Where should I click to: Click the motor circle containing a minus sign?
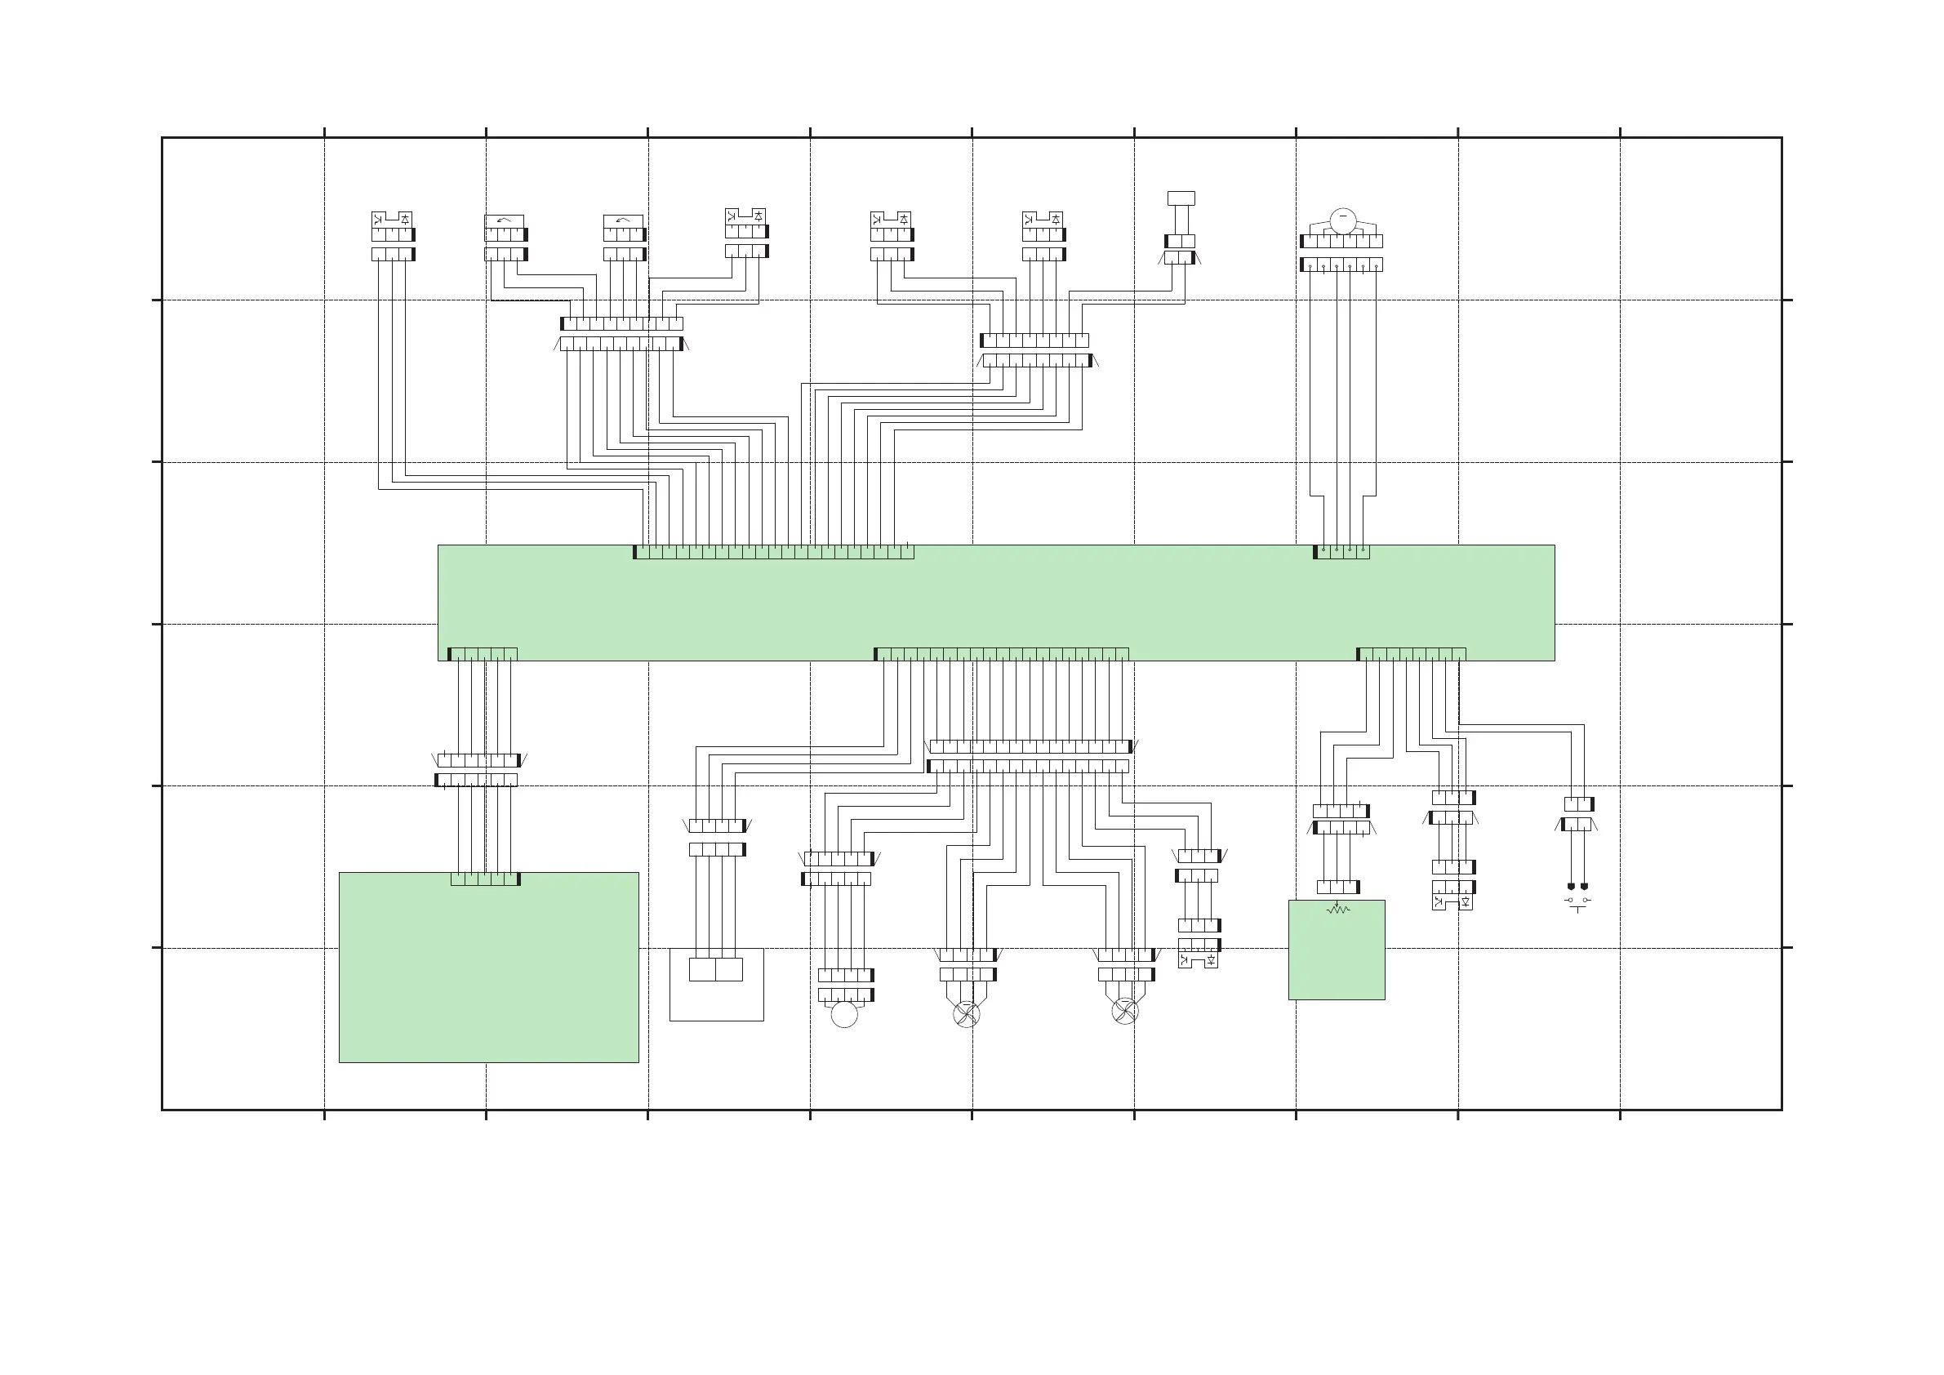(1343, 220)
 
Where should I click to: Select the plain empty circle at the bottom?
(844, 1014)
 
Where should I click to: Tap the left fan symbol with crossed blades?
(966, 1013)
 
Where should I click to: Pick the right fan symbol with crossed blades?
(1124, 1010)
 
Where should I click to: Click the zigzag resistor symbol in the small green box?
(1337, 910)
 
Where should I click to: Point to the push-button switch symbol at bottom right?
(1577, 903)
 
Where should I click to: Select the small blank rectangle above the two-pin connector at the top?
(1181, 198)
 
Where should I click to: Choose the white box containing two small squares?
(716, 984)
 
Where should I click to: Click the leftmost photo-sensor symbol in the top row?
(392, 220)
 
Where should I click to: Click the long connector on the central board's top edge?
(774, 552)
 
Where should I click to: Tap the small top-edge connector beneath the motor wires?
(1341, 552)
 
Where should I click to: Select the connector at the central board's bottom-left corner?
(482, 655)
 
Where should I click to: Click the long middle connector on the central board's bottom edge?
(1001, 655)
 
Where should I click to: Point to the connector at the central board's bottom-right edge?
(1411, 655)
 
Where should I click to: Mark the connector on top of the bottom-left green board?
(485, 879)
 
